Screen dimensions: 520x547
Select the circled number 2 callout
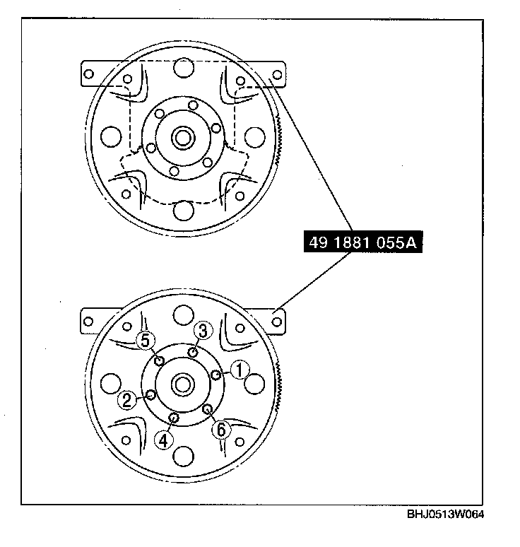127,401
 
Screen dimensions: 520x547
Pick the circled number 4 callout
164,440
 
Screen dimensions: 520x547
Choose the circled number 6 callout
220,429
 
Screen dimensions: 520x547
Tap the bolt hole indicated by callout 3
192,352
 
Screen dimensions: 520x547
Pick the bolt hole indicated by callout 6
207,409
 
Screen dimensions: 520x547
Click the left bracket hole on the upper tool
89,73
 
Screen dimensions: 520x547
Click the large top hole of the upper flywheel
184,69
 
